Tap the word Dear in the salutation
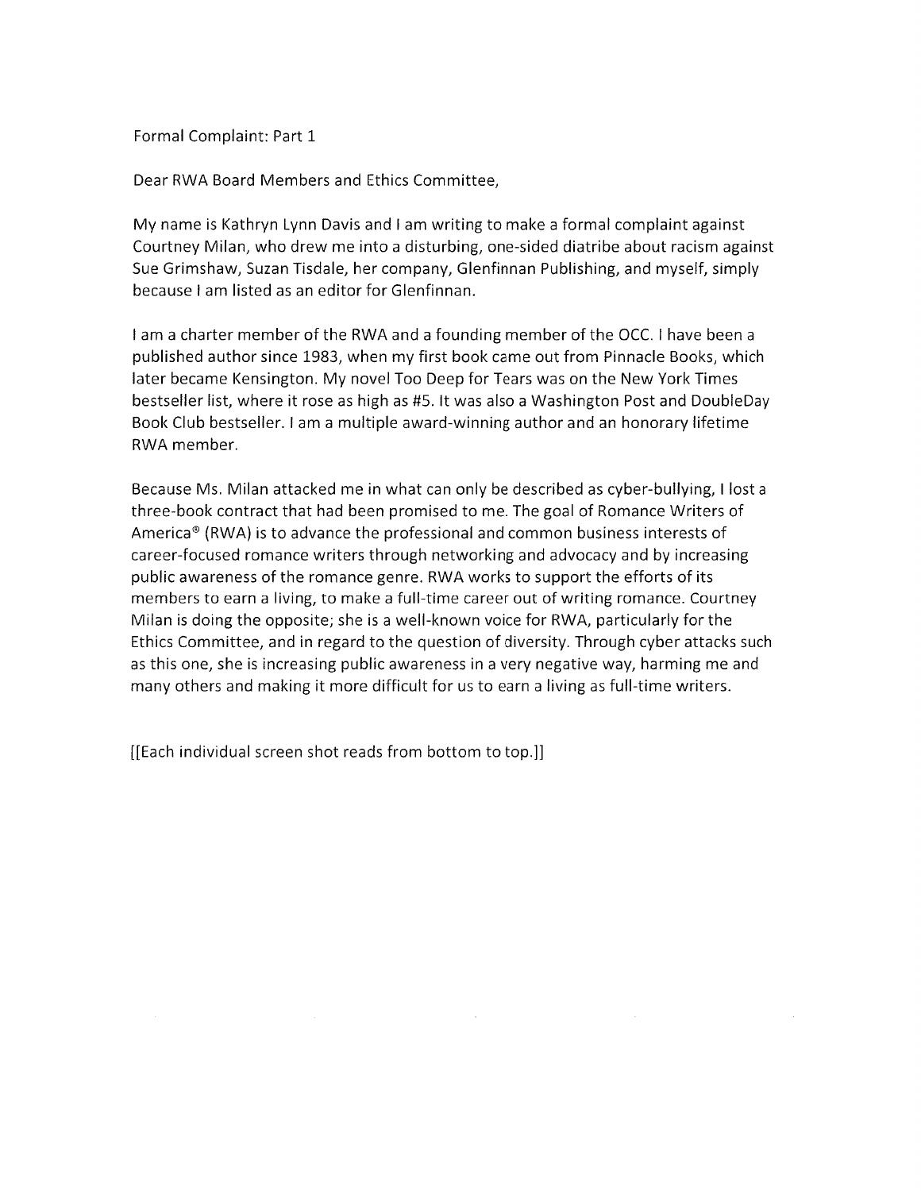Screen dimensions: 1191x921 [x=148, y=180]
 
